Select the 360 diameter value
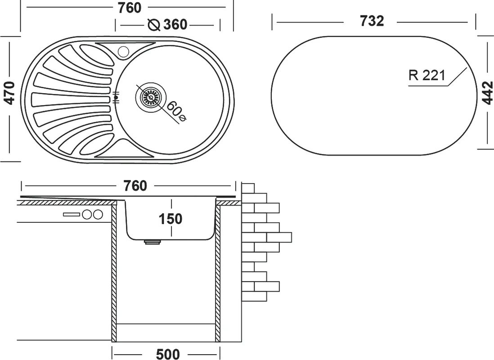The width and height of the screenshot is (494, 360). (175, 24)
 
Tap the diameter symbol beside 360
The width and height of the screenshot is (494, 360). (153, 25)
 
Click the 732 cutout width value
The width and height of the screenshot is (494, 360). (372, 21)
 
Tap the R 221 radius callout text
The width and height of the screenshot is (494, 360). (427, 76)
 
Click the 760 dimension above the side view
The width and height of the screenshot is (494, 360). (135, 185)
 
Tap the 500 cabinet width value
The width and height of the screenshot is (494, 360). (167, 354)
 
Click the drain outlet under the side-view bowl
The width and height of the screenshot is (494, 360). (153, 242)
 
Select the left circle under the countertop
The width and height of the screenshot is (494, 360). (87, 215)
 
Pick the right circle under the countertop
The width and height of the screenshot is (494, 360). (98, 215)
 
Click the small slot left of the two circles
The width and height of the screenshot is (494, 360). (71, 215)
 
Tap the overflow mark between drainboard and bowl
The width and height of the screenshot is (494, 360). (116, 97)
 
